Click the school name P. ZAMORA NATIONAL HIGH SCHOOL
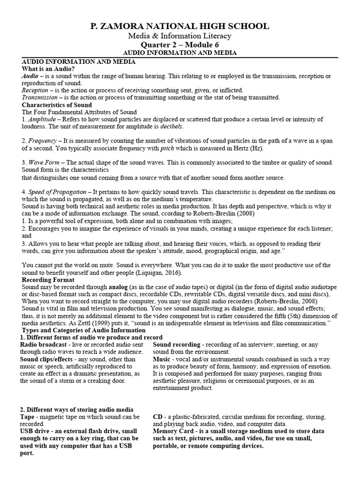pos(180,26)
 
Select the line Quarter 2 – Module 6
pos(180,45)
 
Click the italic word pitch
pos(167,148)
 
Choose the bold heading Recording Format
pos(48,280)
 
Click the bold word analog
pos(111,287)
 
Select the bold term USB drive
pos(37,431)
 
